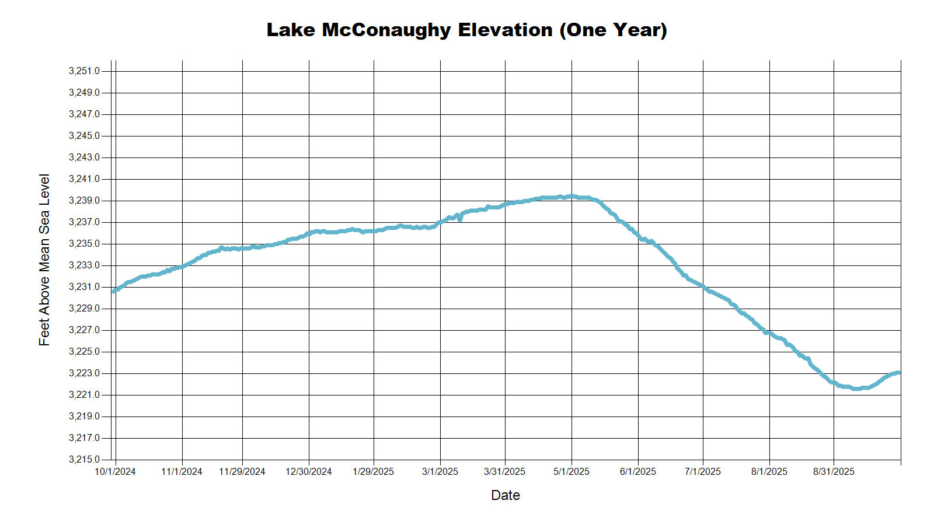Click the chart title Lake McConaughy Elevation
click(x=466, y=30)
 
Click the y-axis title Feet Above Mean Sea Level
click(x=44, y=260)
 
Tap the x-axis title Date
click(x=506, y=495)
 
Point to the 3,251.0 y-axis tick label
click(x=84, y=71)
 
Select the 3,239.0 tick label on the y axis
click(x=84, y=201)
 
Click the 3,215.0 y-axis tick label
click(x=84, y=460)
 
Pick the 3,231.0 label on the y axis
click(x=84, y=287)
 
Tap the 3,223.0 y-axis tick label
click(x=84, y=373)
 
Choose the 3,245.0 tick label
click(x=84, y=136)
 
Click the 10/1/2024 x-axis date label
click(x=115, y=472)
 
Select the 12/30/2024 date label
click(x=309, y=472)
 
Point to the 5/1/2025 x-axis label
click(x=571, y=472)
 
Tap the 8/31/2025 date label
click(x=834, y=472)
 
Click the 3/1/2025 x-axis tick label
click(x=440, y=472)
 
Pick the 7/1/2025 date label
click(x=703, y=472)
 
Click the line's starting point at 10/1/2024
click(x=114, y=290)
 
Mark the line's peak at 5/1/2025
click(x=571, y=196)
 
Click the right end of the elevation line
click(x=899, y=373)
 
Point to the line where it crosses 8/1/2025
click(x=769, y=333)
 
